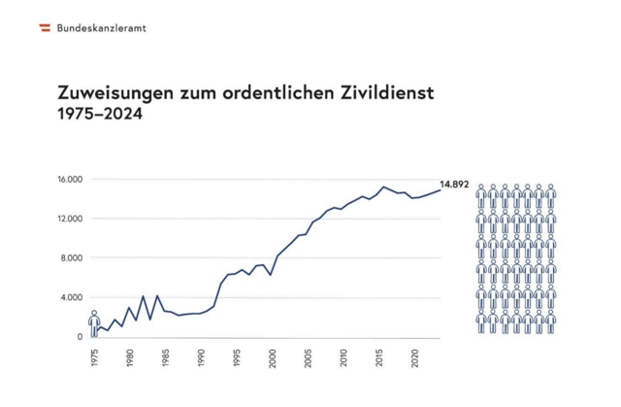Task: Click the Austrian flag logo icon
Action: tap(45, 27)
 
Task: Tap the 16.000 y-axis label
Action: tap(72, 180)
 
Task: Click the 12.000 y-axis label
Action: tap(72, 219)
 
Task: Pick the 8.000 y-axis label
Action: tap(75, 258)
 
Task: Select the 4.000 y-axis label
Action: tap(75, 297)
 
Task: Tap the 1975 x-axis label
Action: tap(95, 356)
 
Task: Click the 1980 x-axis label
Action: tap(130, 356)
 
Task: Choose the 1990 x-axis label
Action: tap(202, 356)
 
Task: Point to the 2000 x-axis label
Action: tap(273, 356)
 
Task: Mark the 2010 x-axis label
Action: tap(343, 356)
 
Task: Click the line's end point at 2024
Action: tap(441, 189)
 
